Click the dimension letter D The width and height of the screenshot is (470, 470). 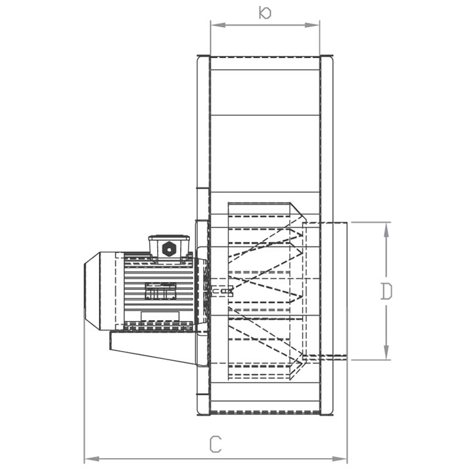pyautogui.click(x=386, y=291)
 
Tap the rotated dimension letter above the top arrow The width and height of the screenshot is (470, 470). pyautogui.click(x=265, y=12)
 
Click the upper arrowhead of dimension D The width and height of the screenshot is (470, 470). pyautogui.click(x=386, y=229)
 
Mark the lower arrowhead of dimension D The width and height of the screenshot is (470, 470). pyautogui.click(x=386, y=353)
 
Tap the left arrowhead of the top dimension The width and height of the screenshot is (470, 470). pyautogui.click(x=218, y=25)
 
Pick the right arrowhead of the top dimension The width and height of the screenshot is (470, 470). pyautogui.click(x=312, y=25)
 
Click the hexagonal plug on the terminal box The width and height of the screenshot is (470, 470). pyautogui.click(x=168, y=248)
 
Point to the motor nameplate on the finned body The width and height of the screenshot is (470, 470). pyautogui.click(x=160, y=291)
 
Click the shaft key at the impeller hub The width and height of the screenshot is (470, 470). pyautogui.click(x=222, y=291)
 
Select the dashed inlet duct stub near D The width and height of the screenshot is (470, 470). pyautogui.click(x=325, y=291)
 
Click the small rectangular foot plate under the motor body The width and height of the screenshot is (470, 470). pyautogui.click(x=160, y=316)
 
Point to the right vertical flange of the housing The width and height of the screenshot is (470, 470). pyautogui.click(x=327, y=235)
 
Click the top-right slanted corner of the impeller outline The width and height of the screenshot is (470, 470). pyautogui.click(x=297, y=211)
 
